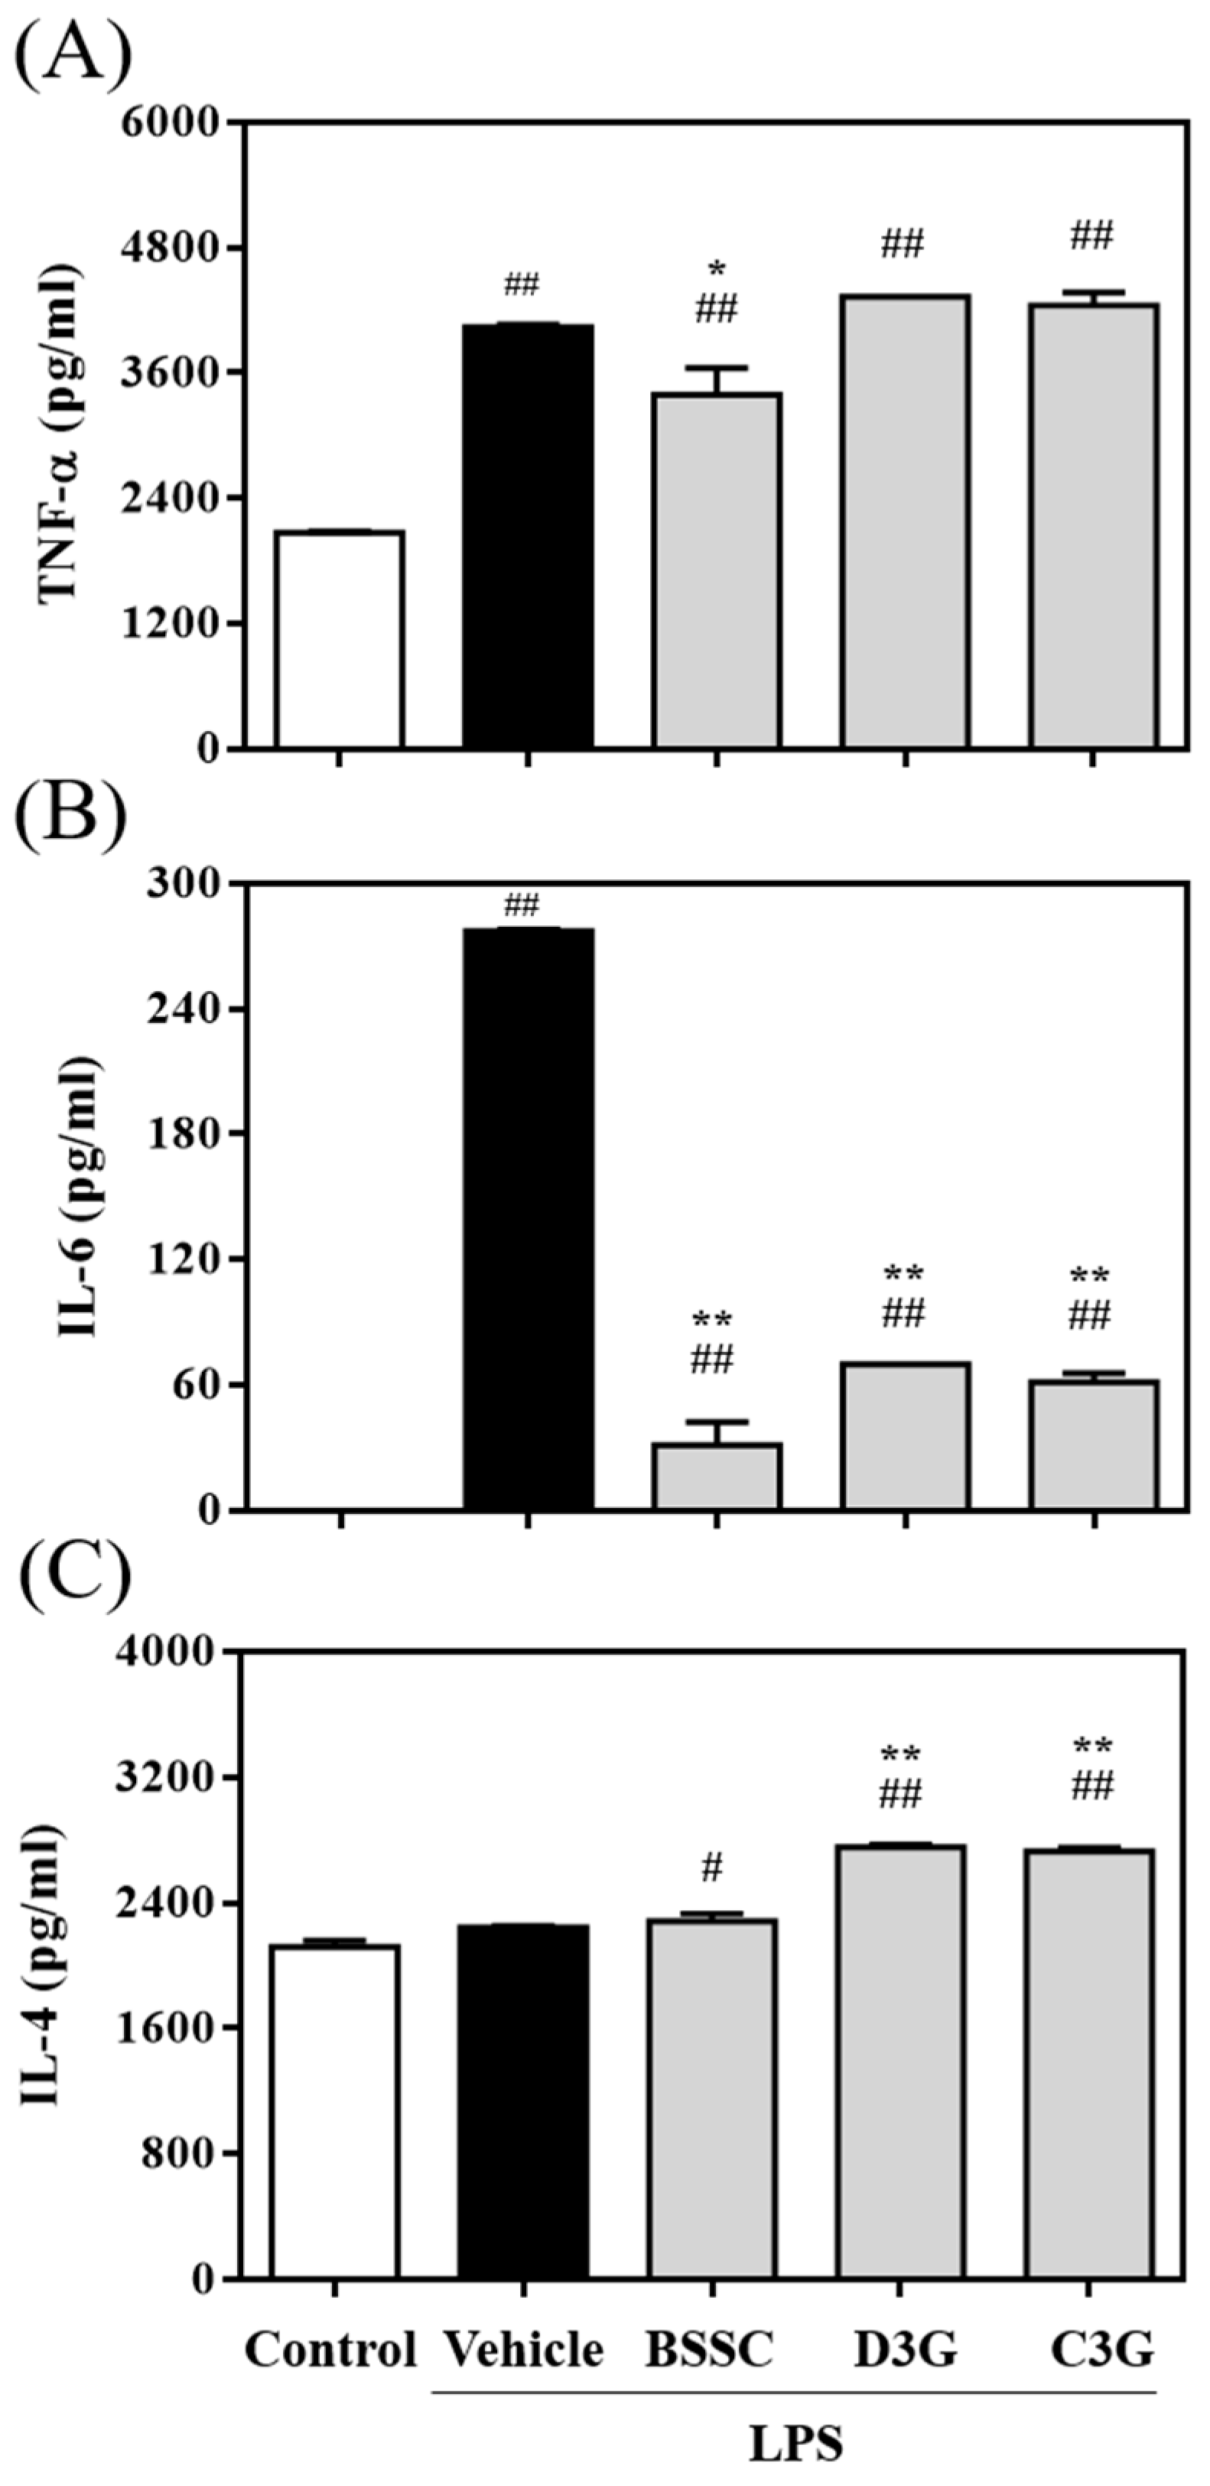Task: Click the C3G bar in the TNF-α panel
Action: point(1092,526)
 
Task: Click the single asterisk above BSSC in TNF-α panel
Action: point(716,270)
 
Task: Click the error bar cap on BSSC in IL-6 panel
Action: point(716,1422)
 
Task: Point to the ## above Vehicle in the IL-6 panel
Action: point(521,906)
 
